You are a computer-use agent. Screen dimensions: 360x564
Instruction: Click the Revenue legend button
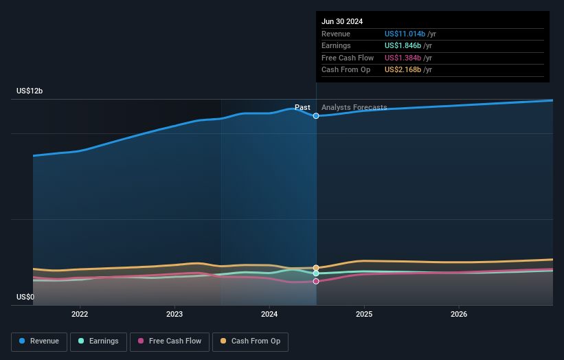coord(39,341)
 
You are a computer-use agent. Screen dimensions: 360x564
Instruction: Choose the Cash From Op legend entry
coord(250,341)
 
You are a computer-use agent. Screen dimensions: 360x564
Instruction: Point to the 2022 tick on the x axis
coord(80,314)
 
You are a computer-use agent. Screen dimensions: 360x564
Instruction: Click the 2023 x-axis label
coord(174,314)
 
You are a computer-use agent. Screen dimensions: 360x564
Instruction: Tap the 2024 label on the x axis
coord(269,314)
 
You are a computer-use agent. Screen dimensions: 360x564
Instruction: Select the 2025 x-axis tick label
coord(364,314)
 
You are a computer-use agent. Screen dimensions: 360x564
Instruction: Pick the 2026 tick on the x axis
coord(459,314)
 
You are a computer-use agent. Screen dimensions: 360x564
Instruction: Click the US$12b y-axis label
coord(31,91)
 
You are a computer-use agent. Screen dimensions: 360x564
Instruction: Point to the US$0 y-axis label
coord(26,297)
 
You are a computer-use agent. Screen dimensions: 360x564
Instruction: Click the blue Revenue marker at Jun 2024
coord(316,116)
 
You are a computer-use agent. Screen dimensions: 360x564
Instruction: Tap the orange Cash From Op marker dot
coord(316,268)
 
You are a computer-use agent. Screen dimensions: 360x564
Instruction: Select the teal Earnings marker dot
coord(316,273)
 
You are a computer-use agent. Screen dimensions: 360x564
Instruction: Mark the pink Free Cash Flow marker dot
coord(316,281)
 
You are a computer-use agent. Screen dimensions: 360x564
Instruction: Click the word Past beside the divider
coord(302,107)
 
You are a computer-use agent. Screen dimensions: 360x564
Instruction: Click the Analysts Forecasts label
coord(354,107)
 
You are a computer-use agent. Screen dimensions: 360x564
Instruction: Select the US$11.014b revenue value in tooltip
coord(405,34)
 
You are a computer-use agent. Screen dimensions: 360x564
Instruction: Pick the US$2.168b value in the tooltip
coord(402,70)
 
